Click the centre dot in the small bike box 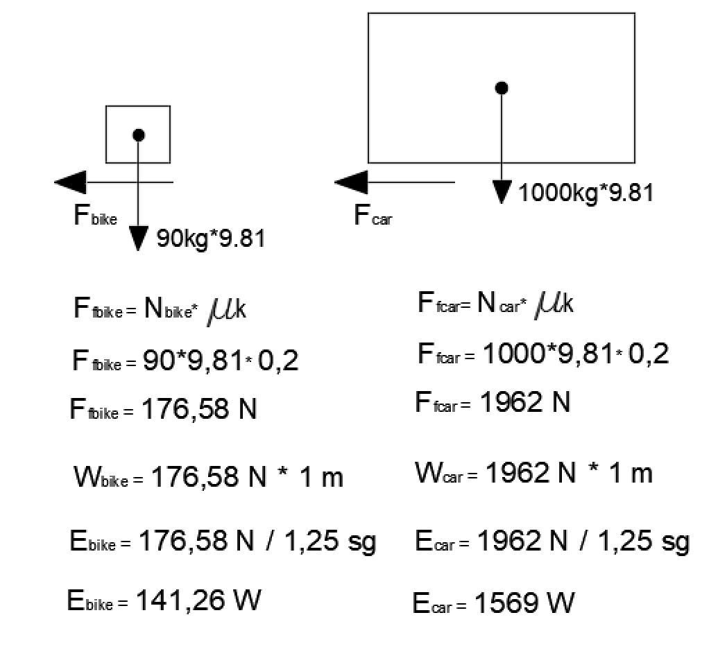(139, 135)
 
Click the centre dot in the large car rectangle (502, 88)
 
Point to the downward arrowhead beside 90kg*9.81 (139, 239)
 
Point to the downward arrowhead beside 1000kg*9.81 (502, 192)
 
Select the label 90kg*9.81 (211, 239)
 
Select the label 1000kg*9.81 (585, 192)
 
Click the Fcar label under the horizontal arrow (373, 215)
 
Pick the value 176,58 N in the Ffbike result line (199, 409)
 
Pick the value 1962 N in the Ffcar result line (524, 402)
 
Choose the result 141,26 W (198, 600)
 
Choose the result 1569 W (524, 603)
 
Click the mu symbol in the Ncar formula (546, 306)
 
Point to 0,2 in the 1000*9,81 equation (649, 354)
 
